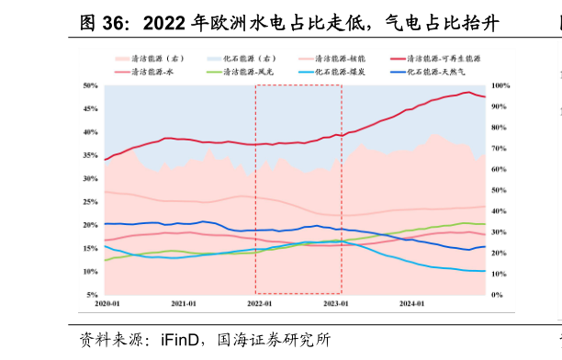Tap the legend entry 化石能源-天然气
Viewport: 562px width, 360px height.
tap(437, 71)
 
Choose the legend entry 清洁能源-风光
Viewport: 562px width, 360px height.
tap(249, 71)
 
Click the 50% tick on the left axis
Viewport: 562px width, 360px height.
tap(91, 85)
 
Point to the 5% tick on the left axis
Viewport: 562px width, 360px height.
tap(93, 296)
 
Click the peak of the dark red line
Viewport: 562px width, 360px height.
tap(469, 92)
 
